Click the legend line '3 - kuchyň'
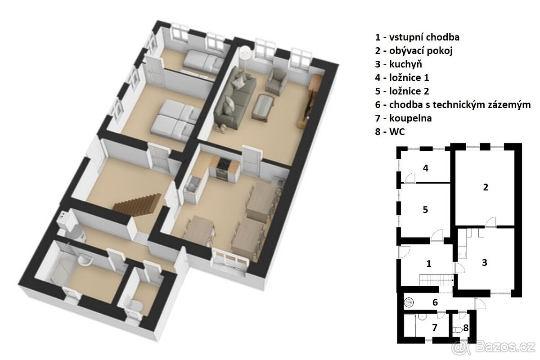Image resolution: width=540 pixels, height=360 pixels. click(399, 64)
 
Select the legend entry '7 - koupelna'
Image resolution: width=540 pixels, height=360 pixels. click(403, 118)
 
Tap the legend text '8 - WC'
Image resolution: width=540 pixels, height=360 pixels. click(390, 132)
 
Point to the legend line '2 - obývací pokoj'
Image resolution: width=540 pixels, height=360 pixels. click(414, 51)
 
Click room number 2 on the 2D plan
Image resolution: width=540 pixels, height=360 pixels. click(486, 187)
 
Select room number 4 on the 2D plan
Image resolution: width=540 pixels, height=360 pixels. click(426, 168)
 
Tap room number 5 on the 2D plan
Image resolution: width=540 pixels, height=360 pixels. click(426, 210)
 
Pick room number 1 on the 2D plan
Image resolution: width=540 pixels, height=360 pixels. click(428, 264)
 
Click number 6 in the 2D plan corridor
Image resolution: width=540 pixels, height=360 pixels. click(435, 302)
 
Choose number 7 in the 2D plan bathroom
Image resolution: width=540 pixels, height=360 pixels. click(435, 327)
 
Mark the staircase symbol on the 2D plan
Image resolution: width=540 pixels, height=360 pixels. click(436, 280)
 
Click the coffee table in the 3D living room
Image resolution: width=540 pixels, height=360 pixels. click(263, 107)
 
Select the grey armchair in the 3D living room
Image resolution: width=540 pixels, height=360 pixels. click(276, 81)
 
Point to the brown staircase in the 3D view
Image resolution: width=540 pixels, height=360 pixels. click(137, 204)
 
